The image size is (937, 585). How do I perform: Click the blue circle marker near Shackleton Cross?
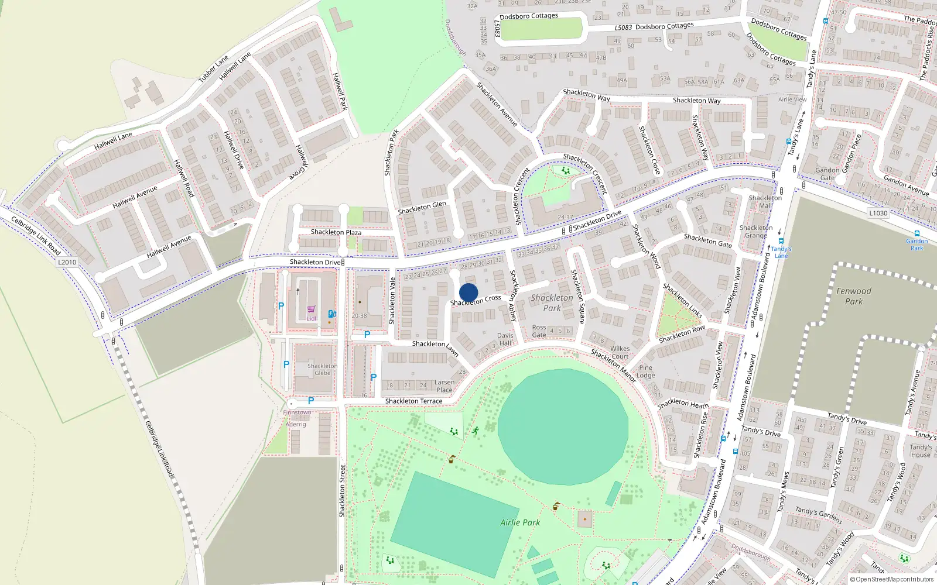click(x=468, y=292)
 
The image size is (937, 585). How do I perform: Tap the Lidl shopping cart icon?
click(x=311, y=309)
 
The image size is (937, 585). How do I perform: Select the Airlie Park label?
click(x=520, y=522)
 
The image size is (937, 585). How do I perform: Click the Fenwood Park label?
click(x=854, y=296)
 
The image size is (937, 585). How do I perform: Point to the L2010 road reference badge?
click(x=67, y=262)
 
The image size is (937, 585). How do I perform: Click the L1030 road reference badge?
click(x=878, y=213)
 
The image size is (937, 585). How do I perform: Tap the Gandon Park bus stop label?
click(x=917, y=245)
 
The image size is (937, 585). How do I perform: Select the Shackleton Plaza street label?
click(x=336, y=232)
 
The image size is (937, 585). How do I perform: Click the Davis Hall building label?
click(x=505, y=339)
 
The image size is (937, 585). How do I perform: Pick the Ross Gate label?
click(x=539, y=331)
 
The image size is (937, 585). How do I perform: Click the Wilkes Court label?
click(x=620, y=352)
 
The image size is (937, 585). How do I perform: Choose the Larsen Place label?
click(x=444, y=386)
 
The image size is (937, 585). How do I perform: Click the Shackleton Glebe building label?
click(x=322, y=369)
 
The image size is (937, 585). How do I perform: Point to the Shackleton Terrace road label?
click(x=413, y=401)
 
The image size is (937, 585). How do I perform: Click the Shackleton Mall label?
click(x=765, y=201)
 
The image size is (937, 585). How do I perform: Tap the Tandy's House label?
click(x=921, y=450)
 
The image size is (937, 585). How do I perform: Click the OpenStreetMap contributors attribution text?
click(x=894, y=579)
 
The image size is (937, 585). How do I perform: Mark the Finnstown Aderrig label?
click(x=297, y=418)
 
